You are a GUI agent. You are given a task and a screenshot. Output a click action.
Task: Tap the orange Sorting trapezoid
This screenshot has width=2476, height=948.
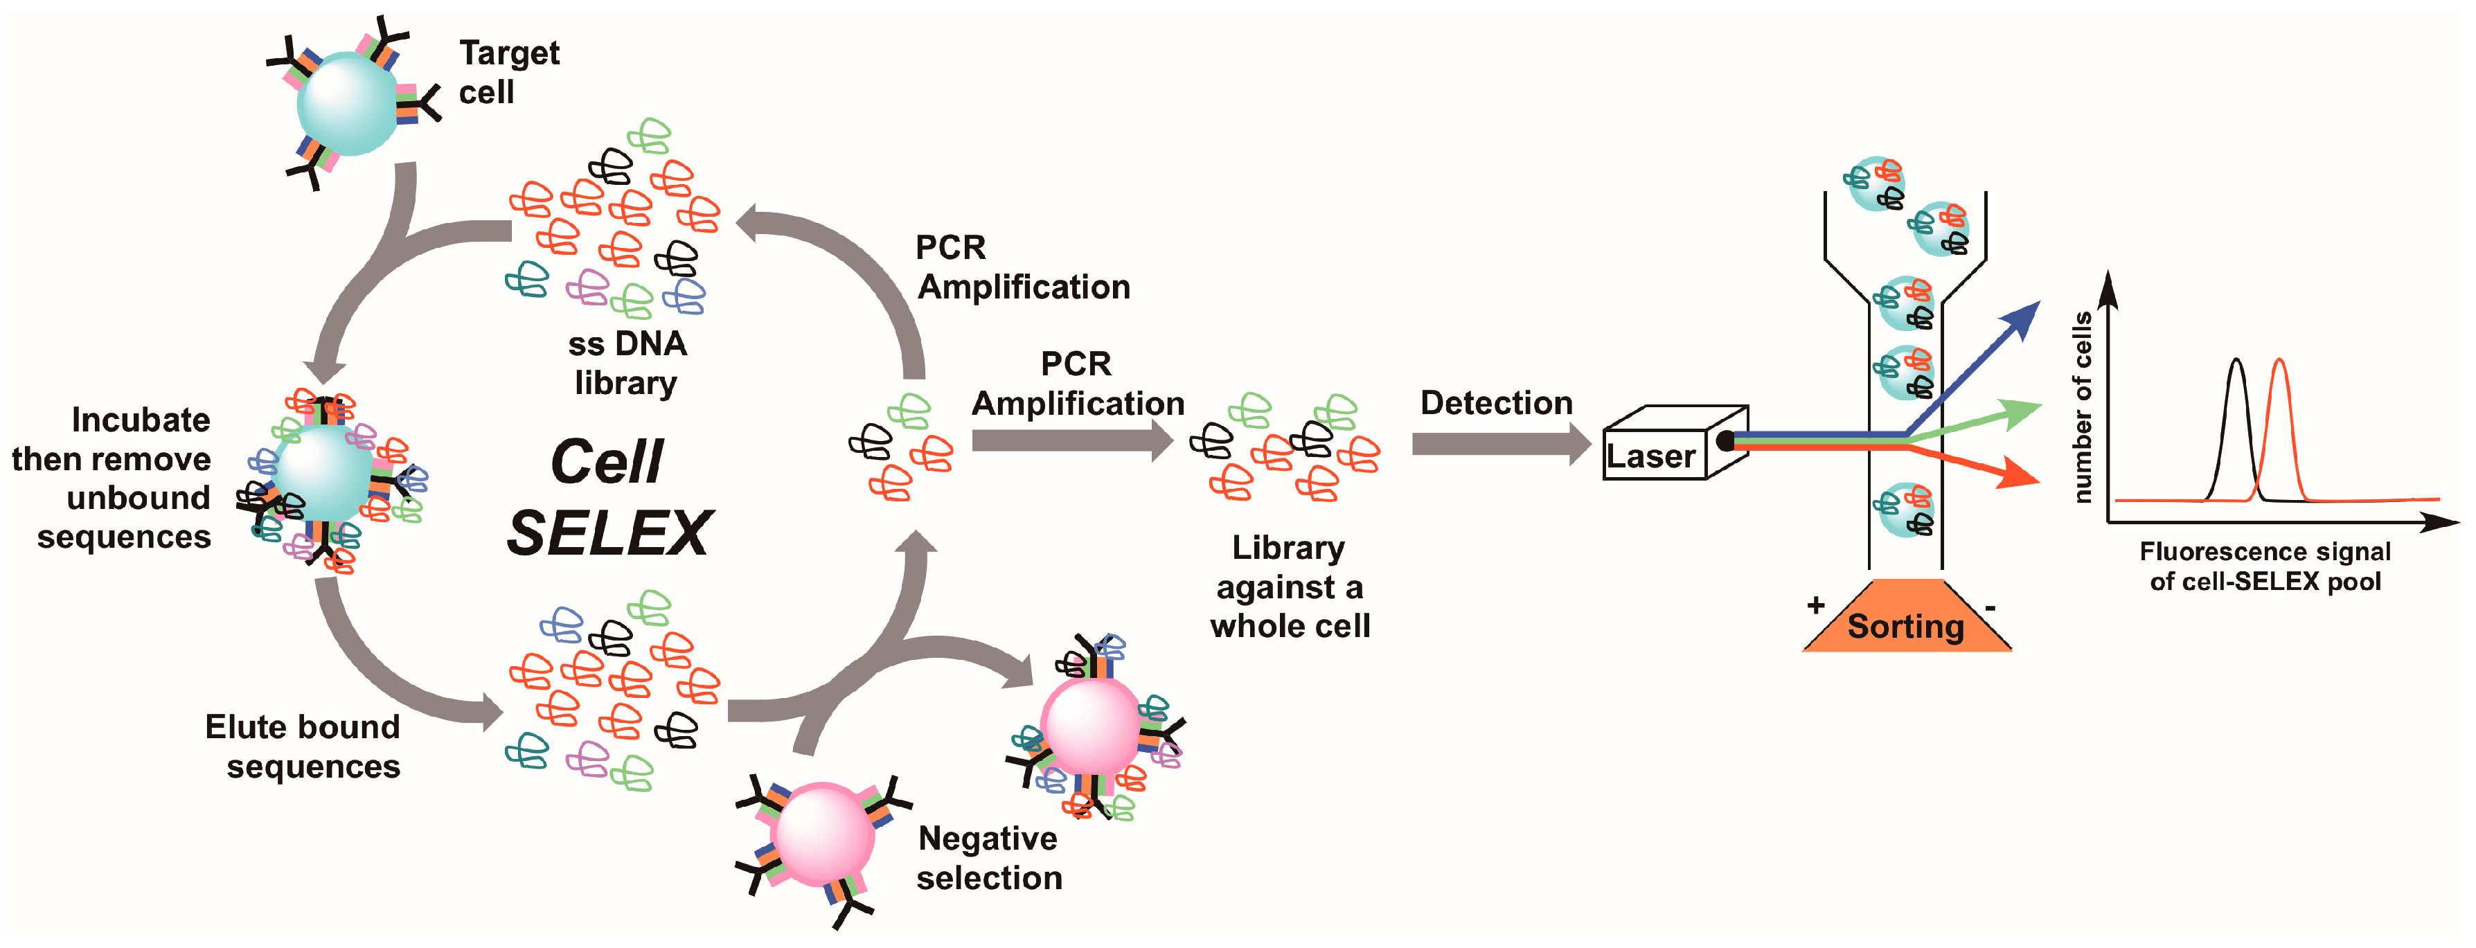click(x=1906, y=616)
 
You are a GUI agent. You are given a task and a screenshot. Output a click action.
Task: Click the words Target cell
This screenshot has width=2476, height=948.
click(x=508, y=72)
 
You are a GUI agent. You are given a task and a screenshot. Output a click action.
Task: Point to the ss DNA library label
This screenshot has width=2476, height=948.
click(x=627, y=362)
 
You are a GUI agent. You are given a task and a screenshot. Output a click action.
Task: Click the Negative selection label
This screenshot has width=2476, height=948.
click(x=989, y=857)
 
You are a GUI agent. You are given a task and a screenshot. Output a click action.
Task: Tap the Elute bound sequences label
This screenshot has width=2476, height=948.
click(x=303, y=746)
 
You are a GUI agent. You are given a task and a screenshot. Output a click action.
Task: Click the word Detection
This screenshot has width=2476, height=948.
click(x=1497, y=403)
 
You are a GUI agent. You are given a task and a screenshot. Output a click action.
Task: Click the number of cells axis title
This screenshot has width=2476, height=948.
click(x=2082, y=406)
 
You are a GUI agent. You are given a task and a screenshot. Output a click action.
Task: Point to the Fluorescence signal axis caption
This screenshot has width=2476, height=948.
click(x=2265, y=566)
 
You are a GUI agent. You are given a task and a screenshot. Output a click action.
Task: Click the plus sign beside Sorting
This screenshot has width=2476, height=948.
click(x=1816, y=605)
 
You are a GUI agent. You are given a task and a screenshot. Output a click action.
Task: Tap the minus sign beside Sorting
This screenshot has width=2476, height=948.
click(x=1990, y=607)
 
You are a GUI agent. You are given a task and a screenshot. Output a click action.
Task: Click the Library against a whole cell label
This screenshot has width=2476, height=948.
click(x=1290, y=587)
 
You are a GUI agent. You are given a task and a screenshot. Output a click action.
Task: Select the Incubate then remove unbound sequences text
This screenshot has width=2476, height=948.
click(x=112, y=478)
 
